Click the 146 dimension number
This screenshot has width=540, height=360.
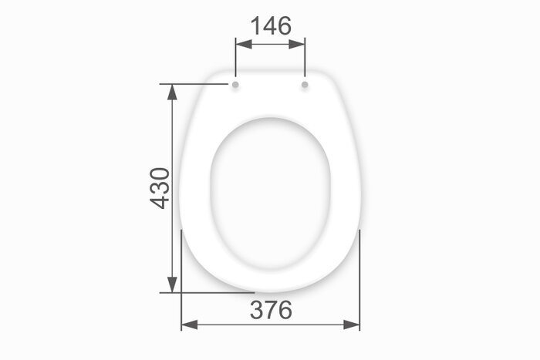tap(271, 25)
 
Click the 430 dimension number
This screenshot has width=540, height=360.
tap(160, 188)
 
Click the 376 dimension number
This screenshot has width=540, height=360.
tap(271, 310)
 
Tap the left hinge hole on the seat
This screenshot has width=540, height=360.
tap(235, 84)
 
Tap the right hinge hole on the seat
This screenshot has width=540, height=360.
tap(305, 84)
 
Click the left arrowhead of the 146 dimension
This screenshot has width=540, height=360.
tap(244, 44)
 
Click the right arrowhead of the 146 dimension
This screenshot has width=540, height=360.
tap(297, 44)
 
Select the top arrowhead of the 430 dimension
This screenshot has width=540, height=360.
tap(172, 93)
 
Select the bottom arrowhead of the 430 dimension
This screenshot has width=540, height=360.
tap(172, 284)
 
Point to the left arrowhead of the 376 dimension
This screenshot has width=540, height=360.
tap(190, 325)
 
